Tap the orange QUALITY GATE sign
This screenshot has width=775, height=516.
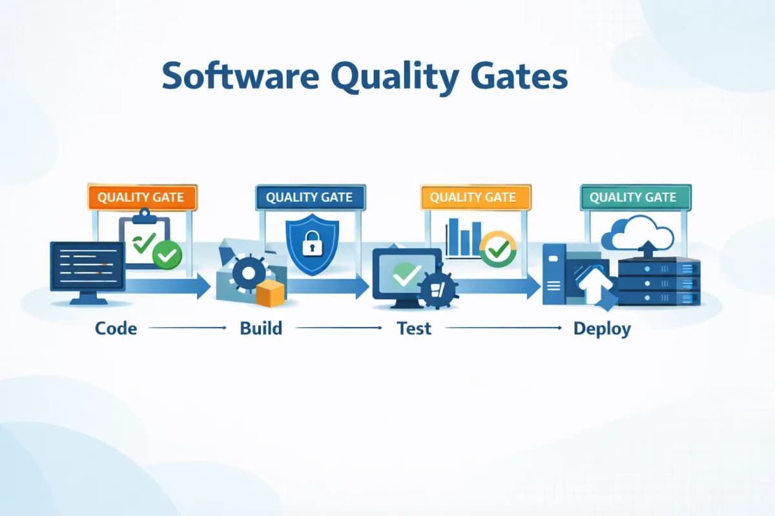click(141, 197)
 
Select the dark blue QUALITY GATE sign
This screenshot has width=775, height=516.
click(310, 197)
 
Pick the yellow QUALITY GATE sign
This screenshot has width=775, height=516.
click(475, 197)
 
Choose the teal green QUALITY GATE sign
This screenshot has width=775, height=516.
click(635, 197)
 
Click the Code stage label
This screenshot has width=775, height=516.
click(116, 328)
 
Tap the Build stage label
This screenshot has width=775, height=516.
click(261, 328)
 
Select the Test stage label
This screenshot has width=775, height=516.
click(414, 328)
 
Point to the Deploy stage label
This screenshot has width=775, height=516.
click(602, 328)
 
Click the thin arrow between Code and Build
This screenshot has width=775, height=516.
click(187, 328)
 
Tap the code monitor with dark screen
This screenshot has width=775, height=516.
click(88, 266)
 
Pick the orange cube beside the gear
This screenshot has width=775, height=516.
click(270, 294)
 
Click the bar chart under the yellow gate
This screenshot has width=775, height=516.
click(463, 238)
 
